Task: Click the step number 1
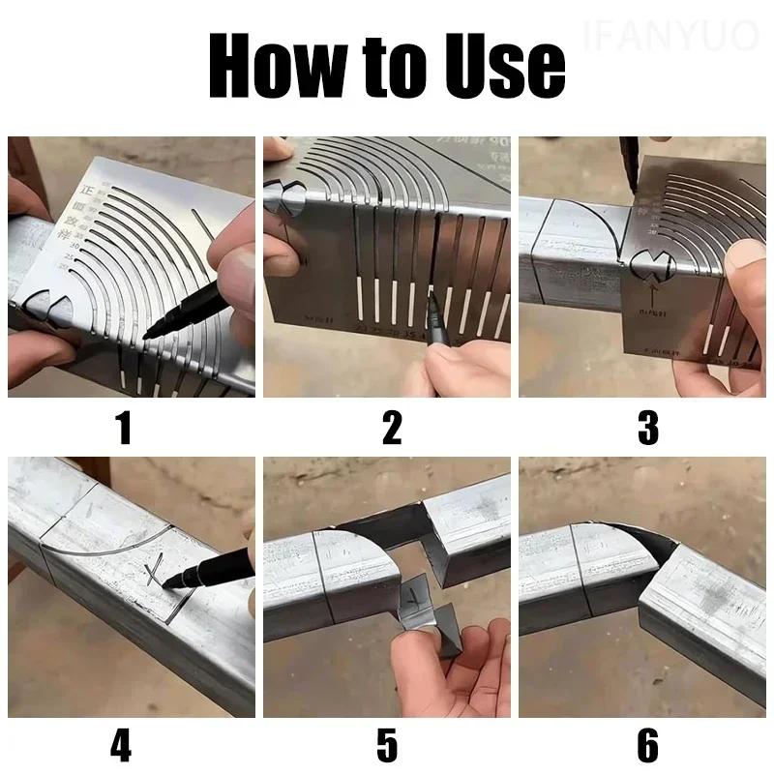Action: coord(124,427)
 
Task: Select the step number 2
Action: coord(391,427)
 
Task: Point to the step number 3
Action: coord(647,427)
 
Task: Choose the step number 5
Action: coord(387,746)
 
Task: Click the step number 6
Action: coord(647,746)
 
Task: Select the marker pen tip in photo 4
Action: coord(164,585)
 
